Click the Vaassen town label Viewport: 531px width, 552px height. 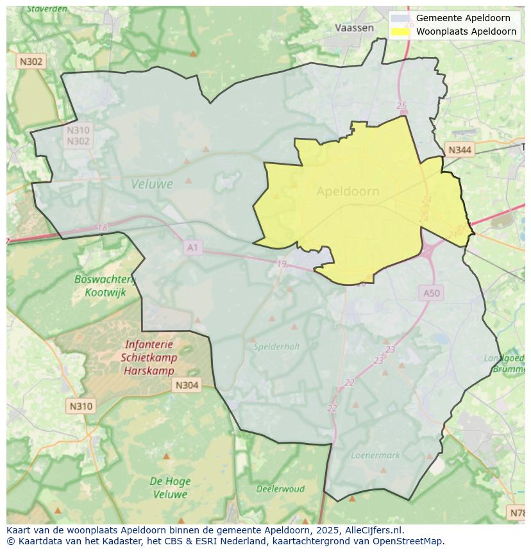tap(354, 28)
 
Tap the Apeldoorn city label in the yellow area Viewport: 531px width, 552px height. tap(348, 191)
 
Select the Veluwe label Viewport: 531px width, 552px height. tap(152, 184)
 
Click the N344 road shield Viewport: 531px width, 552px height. tap(460, 150)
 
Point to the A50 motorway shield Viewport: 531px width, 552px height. tap(432, 293)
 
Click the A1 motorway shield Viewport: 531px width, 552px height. tap(192, 247)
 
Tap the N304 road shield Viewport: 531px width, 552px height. tap(187, 385)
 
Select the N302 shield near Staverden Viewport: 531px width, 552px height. tap(31, 62)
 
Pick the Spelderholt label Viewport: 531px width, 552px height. tap(276, 347)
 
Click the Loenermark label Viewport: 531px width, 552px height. tap(375, 455)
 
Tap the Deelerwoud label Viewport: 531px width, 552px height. tap(280, 489)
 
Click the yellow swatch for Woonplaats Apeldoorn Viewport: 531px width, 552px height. tap(401, 31)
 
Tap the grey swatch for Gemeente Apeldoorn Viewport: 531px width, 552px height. tap(401, 18)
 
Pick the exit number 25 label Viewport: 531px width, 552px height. tap(401, 106)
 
